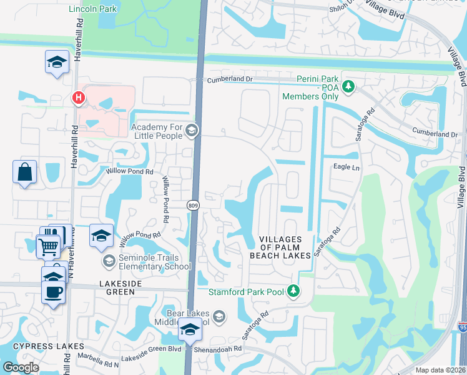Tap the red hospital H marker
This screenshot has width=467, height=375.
[79, 98]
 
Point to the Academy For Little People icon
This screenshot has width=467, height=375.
[192, 131]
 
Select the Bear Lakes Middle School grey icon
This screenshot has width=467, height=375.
[219, 318]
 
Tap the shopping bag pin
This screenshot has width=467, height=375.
[24, 172]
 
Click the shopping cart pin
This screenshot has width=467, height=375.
[48, 245]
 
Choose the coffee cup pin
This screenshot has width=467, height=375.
[53, 291]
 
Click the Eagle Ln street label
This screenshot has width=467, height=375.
[347, 167]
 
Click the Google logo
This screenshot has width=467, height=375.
[21, 367]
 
